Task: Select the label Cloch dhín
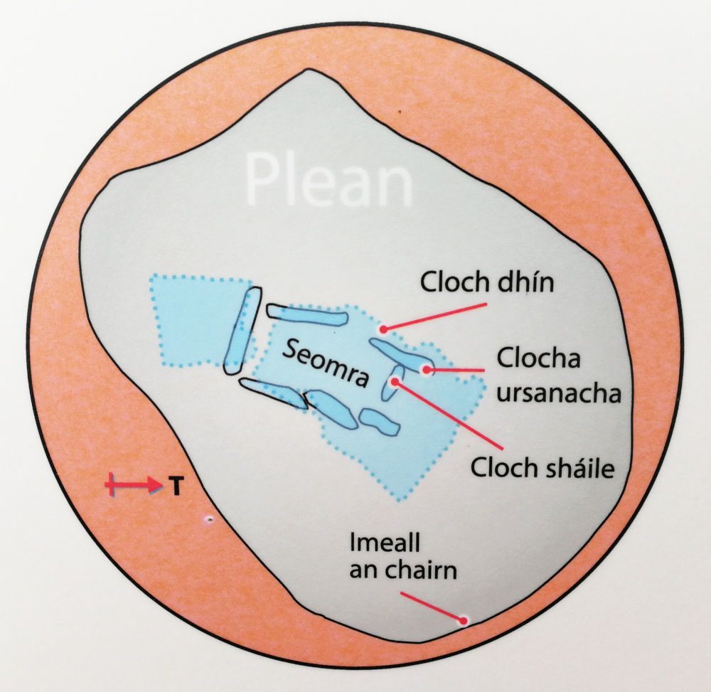coord(486,283)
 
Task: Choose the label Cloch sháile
coord(542,468)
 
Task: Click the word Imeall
coord(386,543)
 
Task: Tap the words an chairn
coord(402,570)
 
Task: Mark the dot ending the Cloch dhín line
coord(383,329)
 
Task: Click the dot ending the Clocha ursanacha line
coord(427,369)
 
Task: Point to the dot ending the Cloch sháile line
coord(393,382)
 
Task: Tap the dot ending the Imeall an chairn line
coord(464,620)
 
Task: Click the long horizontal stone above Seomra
coord(306,313)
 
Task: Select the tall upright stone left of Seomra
coord(242,331)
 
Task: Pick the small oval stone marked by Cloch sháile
coord(392,384)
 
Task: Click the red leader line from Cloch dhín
coord(435,317)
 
